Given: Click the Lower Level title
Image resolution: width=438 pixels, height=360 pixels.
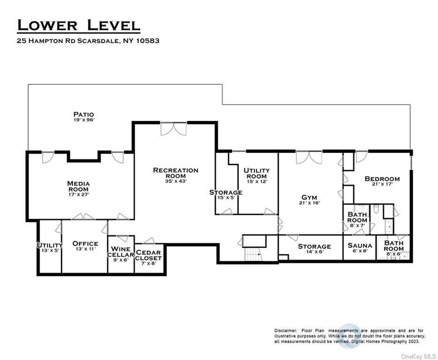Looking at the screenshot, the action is click(79, 25).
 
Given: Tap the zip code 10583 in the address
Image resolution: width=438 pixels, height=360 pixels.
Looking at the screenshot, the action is click(148, 41).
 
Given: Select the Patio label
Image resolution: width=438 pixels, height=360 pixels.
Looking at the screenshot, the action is click(83, 114).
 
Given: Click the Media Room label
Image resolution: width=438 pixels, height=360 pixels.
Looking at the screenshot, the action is click(79, 187).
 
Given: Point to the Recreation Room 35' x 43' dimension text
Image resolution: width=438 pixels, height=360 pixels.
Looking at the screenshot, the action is click(176, 181).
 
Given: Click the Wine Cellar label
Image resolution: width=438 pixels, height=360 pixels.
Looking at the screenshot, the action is click(121, 252).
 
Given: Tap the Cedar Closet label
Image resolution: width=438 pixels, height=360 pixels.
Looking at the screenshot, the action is click(148, 255).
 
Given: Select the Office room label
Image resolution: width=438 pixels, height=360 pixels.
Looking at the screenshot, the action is click(85, 244).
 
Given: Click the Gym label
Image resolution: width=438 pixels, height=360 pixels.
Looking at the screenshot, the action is click(309, 198).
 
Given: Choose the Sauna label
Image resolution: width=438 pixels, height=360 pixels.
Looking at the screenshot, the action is click(360, 246).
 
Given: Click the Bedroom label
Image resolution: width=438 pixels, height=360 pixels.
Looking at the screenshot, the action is click(382, 179).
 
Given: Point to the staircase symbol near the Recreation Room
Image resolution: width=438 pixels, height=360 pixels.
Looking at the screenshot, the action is click(253, 254).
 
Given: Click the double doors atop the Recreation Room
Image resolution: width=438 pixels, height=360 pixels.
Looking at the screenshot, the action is click(173, 129).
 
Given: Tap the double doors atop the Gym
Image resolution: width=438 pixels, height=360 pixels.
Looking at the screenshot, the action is click(309, 157).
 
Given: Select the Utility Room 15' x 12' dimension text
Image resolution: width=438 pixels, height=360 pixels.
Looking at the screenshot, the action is click(257, 181).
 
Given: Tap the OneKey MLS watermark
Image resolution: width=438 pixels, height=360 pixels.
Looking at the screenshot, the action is click(418, 356).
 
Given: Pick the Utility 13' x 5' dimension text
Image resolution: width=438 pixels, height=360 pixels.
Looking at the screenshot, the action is click(50, 251).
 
